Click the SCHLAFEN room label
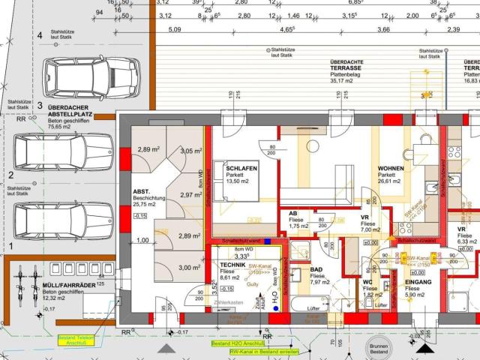pos(241,169)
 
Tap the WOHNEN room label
pos(391,169)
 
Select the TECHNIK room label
pos(224,265)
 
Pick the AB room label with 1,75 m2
pos(293,214)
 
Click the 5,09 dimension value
pos(175,30)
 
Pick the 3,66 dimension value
pos(383,30)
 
